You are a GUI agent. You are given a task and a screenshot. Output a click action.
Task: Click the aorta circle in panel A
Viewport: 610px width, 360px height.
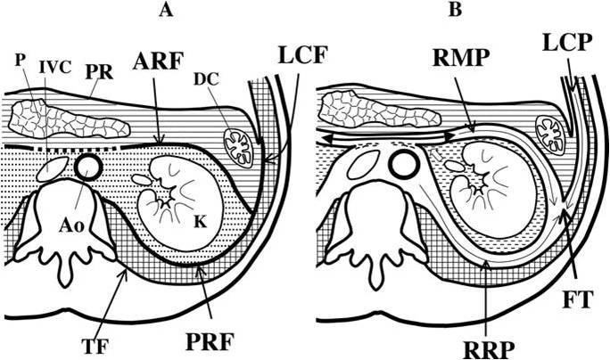pos(87,166)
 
